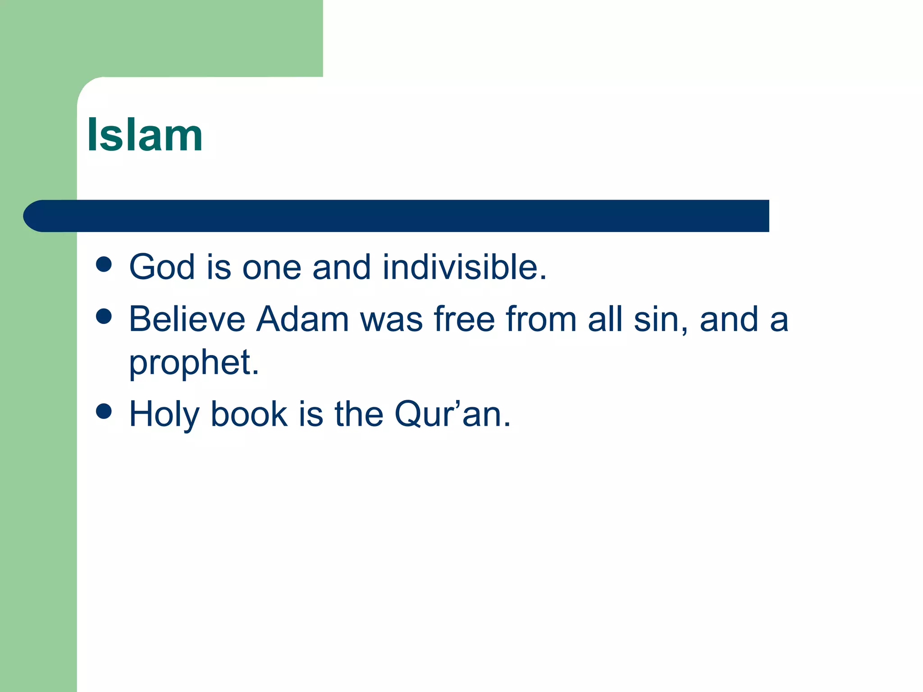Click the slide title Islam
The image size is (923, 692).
[x=145, y=135]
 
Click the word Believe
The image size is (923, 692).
[x=187, y=319]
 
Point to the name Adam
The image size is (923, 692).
[x=303, y=319]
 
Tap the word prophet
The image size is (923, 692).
[x=194, y=363]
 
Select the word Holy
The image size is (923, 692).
[x=164, y=414]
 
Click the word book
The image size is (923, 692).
[x=249, y=414]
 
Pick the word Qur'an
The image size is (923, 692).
[x=452, y=414]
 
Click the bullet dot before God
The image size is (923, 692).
[x=104, y=264]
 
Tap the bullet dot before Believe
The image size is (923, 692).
[x=104, y=316]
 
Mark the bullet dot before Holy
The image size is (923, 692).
[x=104, y=411]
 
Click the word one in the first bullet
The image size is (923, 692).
[x=272, y=268]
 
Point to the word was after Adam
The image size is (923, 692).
[x=391, y=320]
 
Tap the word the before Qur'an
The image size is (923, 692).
[x=358, y=414]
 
